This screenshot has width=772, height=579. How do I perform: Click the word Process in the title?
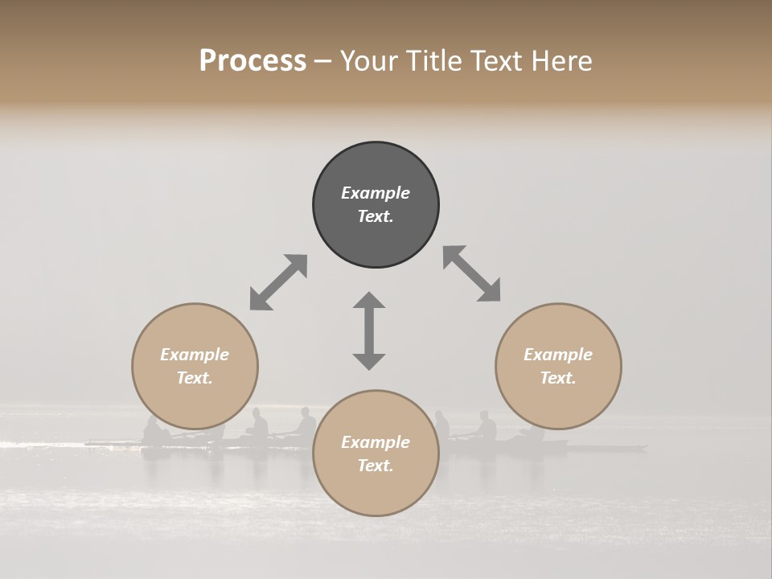(x=253, y=61)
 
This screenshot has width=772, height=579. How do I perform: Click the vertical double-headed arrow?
(x=369, y=331)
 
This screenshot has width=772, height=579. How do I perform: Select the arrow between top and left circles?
(x=278, y=282)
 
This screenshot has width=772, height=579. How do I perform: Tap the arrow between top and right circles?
(x=472, y=273)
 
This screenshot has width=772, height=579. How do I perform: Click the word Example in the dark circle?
(x=376, y=193)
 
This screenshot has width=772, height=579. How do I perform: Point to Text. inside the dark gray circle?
(x=376, y=216)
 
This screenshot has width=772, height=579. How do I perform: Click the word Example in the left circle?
(x=195, y=355)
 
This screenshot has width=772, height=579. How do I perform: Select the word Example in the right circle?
(x=558, y=355)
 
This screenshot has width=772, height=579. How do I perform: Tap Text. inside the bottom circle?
(x=376, y=466)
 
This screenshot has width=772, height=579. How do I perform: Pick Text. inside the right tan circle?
(x=558, y=378)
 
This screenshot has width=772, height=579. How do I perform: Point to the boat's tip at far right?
(x=645, y=447)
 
